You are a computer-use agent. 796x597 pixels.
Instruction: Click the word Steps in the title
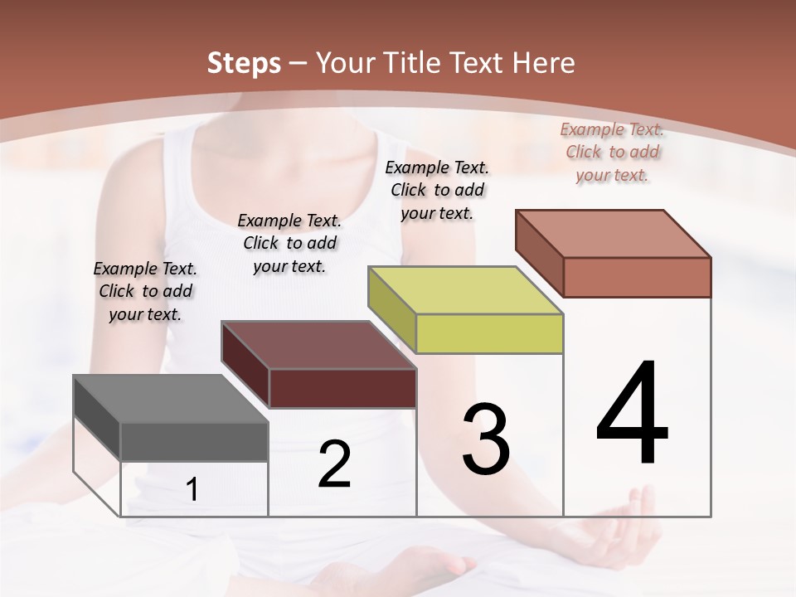tap(243, 63)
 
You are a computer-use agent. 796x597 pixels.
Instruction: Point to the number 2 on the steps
tap(334, 464)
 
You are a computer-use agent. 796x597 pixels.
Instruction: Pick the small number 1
tap(192, 490)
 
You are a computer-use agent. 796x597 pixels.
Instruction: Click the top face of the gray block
tap(170, 399)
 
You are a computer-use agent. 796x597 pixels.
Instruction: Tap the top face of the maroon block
tap(318, 345)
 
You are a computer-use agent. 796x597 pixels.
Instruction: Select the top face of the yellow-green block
tap(465, 290)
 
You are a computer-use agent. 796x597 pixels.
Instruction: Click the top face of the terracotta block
tap(613, 234)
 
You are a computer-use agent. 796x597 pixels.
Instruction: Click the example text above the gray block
tap(145, 292)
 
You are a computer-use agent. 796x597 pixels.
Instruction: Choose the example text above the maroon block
tap(289, 243)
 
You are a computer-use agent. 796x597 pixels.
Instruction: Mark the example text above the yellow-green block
tap(437, 190)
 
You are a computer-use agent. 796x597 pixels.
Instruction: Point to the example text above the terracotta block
tap(612, 152)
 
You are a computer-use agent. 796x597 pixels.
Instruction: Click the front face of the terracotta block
tap(637, 277)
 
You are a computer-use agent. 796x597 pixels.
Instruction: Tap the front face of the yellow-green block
tap(489, 333)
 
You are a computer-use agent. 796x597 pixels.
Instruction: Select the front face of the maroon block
tap(342, 388)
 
